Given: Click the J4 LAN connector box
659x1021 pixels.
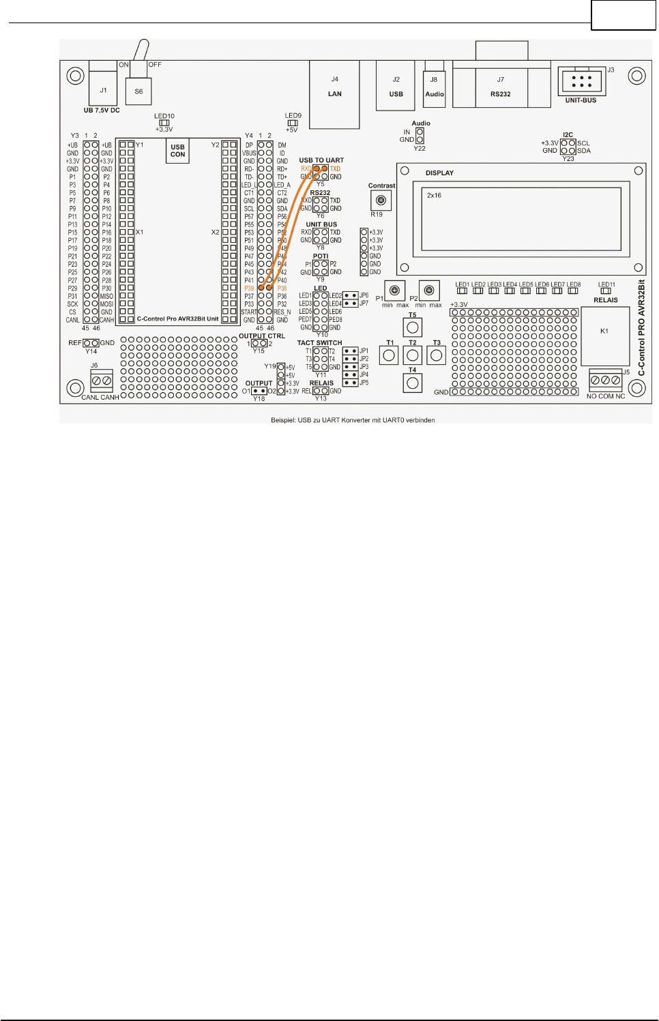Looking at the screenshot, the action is point(334,94).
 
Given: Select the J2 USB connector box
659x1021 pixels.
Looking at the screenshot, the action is point(396,86).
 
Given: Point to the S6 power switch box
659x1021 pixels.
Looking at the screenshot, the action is point(138,91).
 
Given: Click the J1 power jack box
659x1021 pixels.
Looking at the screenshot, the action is point(103,89).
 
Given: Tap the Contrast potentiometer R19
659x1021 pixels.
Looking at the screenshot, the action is point(381,201).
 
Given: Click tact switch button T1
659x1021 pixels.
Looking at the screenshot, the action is point(390,355).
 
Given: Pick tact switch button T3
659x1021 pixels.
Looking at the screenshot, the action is point(437,355).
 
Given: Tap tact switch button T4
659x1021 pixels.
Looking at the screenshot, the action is point(413,383).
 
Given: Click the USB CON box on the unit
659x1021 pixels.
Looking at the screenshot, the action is point(177,151).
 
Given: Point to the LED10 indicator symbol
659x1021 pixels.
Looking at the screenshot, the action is point(164,123).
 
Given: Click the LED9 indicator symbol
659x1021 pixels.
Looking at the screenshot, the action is point(293,123).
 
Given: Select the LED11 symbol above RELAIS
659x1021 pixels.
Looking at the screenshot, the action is point(606,291).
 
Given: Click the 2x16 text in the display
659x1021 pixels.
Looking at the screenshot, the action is point(434,196).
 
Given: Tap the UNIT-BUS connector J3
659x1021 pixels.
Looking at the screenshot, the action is point(581,82).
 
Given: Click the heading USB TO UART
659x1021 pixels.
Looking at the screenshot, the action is point(321,160).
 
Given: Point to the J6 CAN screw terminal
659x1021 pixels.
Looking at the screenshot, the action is point(102,380).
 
